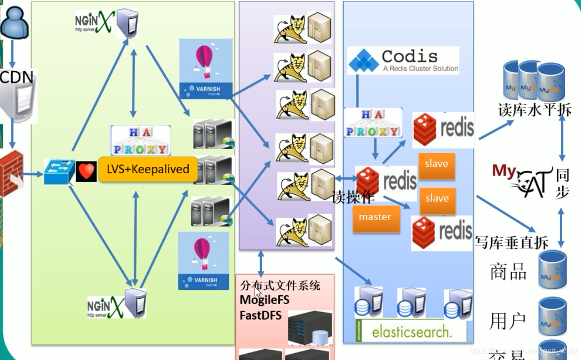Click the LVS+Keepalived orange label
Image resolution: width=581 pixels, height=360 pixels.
coord(148,169)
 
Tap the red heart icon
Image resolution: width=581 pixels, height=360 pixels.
coord(86,171)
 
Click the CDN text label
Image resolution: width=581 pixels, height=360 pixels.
coord(17,77)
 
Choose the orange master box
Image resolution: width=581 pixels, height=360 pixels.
coord(375,217)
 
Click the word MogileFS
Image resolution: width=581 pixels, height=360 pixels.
coord(265,300)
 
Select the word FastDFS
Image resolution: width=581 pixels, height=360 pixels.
coord(261,315)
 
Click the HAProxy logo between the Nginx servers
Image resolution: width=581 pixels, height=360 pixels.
coord(140,140)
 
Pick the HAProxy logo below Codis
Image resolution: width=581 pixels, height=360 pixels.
coord(373,123)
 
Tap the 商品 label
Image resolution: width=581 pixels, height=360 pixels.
coord(508,272)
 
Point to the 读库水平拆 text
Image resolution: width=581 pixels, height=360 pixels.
coord(535,110)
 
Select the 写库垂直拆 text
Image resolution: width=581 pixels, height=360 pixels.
coord(511,242)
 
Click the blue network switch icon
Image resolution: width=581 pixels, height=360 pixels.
coord(59,171)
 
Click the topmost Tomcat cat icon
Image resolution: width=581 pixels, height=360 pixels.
coord(290,29)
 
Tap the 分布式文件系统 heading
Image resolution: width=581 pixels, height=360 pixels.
coord(280,285)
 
